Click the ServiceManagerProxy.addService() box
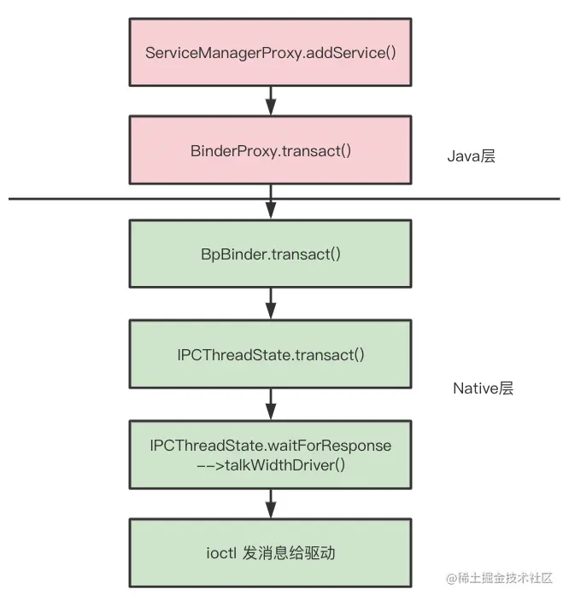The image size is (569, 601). click(271, 51)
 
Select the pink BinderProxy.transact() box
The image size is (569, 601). click(271, 151)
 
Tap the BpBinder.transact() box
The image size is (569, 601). click(271, 254)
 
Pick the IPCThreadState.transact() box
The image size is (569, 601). click(271, 353)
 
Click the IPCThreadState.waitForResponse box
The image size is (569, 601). click(271, 454)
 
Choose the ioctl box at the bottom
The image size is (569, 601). click(271, 552)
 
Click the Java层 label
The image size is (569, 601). click(471, 157)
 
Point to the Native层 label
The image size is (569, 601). click(483, 388)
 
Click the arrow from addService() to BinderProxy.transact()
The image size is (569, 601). click(271, 100)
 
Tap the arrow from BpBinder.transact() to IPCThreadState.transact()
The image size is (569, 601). click(271, 303)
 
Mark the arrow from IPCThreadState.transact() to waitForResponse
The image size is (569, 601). click(271, 403)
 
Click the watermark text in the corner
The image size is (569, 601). click(500, 578)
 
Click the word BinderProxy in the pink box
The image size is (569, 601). click(228, 151)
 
